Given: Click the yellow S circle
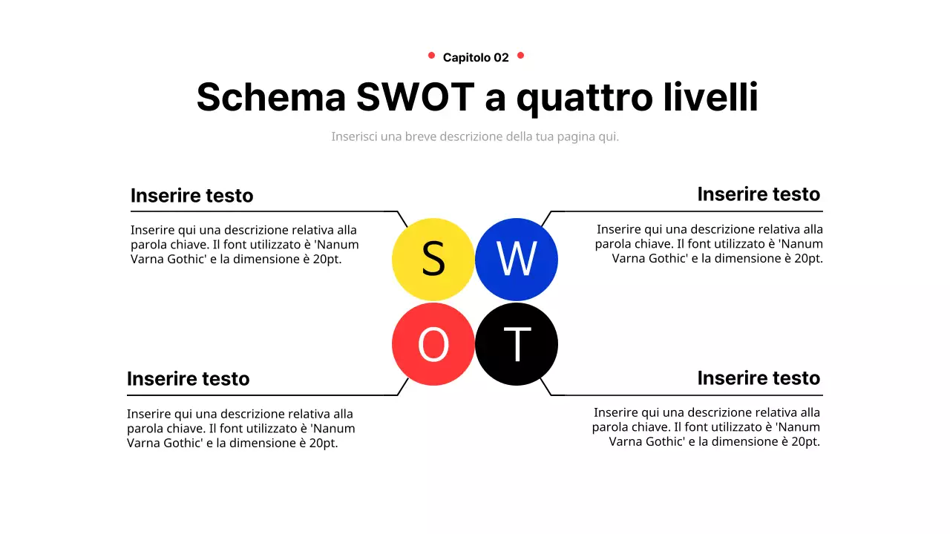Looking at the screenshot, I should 433,259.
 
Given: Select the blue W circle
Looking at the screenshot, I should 516,259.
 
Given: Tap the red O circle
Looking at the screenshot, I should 433,344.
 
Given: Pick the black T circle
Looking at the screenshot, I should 516,344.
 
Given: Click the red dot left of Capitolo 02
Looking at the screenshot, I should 431,55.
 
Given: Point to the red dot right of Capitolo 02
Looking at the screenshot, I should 520,55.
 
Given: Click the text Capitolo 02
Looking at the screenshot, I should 476,57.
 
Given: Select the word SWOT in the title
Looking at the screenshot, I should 415,97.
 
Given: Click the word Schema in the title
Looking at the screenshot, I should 271,97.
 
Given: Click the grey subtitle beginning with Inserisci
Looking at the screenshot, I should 475,136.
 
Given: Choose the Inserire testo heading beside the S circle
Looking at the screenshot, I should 191,196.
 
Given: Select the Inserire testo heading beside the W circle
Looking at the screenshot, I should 759,194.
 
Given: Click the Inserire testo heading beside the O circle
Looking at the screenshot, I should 188,379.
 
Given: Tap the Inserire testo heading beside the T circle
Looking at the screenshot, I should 759,378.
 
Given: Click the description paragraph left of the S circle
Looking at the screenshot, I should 244,244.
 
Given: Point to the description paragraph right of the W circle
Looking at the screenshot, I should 709,244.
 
